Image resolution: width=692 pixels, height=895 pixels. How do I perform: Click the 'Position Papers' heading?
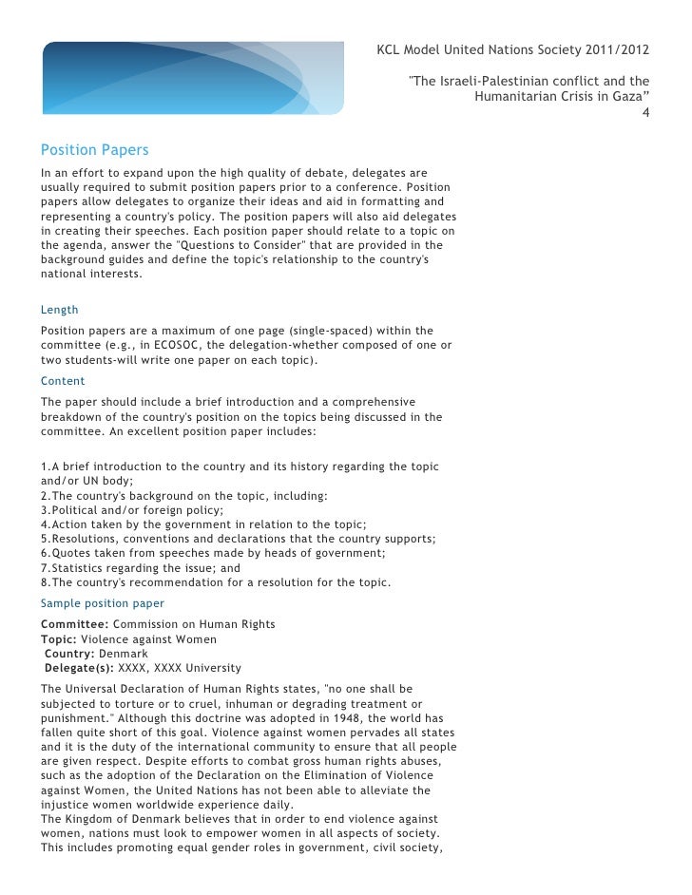(x=95, y=150)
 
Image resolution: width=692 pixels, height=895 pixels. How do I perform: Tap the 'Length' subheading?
(x=59, y=310)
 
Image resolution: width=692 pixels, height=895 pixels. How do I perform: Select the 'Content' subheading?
(x=62, y=380)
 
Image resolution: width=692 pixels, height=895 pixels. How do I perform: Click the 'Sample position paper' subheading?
(x=103, y=603)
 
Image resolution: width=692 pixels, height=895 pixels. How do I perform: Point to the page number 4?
(x=646, y=116)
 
